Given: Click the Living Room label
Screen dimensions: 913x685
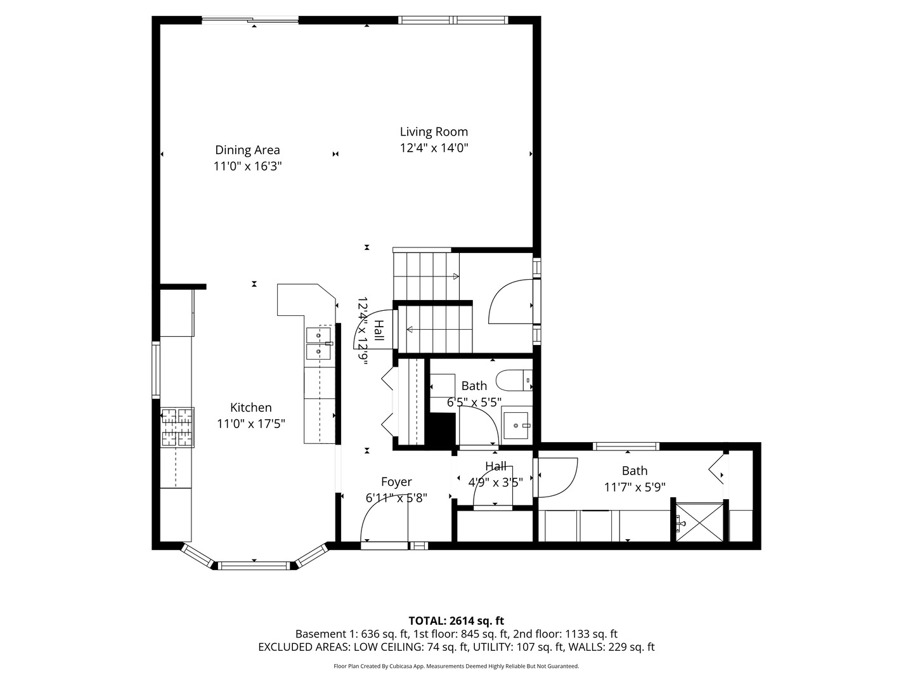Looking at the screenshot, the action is click(x=434, y=132).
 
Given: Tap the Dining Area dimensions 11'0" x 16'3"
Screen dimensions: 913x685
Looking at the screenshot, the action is click(x=247, y=166).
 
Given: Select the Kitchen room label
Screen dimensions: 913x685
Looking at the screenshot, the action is click(x=251, y=407).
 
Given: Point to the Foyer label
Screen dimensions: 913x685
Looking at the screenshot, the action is click(x=396, y=481).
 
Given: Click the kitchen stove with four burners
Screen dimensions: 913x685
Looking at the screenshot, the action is click(x=178, y=427).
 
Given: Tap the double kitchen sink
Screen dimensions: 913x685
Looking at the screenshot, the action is click(x=319, y=343).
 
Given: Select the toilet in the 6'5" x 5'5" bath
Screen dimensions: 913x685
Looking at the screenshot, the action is click(x=514, y=380).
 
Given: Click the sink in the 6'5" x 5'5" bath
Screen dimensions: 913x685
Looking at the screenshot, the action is click(x=515, y=426).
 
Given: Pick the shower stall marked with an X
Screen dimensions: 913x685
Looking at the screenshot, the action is click(x=699, y=522).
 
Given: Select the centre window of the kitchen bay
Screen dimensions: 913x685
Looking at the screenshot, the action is click(x=254, y=566).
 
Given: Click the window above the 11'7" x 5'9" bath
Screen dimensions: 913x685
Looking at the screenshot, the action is click(x=626, y=447).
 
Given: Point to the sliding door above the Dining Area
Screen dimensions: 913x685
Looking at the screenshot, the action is click(x=250, y=20).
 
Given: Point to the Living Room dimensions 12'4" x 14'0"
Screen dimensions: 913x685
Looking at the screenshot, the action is click(x=434, y=148).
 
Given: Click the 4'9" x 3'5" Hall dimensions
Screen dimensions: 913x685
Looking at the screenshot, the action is click(x=495, y=482).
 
